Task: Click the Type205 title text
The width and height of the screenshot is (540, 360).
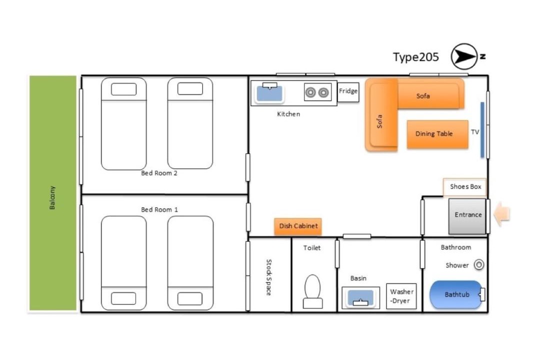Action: pyautogui.click(x=415, y=57)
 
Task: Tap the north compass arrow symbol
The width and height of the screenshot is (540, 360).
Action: pyautogui.click(x=464, y=56)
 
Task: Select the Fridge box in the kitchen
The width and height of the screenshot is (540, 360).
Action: pyautogui.click(x=348, y=92)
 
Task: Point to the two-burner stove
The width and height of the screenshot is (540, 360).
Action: pyautogui.click(x=317, y=92)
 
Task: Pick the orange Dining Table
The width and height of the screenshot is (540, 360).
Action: pyautogui.click(x=437, y=134)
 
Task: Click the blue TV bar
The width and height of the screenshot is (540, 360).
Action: pyautogui.click(x=482, y=130)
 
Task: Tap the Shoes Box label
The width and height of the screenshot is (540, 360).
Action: pyautogui.click(x=465, y=186)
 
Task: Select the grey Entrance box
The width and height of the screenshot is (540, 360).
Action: pyautogui.click(x=467, y=216)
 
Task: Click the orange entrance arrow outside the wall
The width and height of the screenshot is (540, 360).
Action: pyautogui.click(x=502, y=214)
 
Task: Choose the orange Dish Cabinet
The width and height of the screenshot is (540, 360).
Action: pyautogui.click(x=298, y=226)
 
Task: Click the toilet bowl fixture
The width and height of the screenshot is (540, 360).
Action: pyautogui.click(x=312, y=291)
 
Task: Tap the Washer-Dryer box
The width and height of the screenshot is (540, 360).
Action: pyautogui.click(x=401, y=296)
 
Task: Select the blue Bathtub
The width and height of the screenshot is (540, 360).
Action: pyautogui.click(x=456, y=294)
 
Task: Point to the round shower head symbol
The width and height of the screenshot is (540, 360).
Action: pyautogui.click(x=479, y=264)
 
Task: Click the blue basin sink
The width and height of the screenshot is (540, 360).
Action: pyautogui.click(x=360, y=297)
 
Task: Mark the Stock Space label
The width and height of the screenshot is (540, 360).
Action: pyautogui.click(x=269, y=277)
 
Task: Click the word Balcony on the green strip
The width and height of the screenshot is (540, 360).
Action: pyautogui.click(x=52, y=197)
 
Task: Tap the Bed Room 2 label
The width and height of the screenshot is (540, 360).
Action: pyautogui.click(x=159, y=173)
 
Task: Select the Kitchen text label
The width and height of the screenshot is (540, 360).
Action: pyautogui.click(x=288, y=114)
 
